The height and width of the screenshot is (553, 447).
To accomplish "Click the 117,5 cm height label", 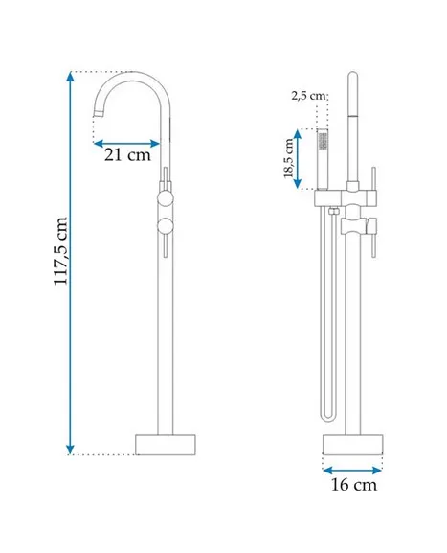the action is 60,251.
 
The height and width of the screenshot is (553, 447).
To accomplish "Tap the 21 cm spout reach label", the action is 127,154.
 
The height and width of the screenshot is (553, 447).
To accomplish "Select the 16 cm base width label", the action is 353,484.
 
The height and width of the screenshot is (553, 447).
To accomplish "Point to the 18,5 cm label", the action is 289,158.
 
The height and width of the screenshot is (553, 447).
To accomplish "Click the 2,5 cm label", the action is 308,95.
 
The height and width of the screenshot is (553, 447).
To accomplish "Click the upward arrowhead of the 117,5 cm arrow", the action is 71,76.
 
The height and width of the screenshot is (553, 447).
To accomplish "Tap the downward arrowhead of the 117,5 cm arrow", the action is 71,449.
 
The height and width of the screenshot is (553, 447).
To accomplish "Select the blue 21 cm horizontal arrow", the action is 126,144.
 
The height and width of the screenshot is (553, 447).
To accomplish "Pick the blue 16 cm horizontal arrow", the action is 352,471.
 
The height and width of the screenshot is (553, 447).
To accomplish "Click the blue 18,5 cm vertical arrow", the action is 298,159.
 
